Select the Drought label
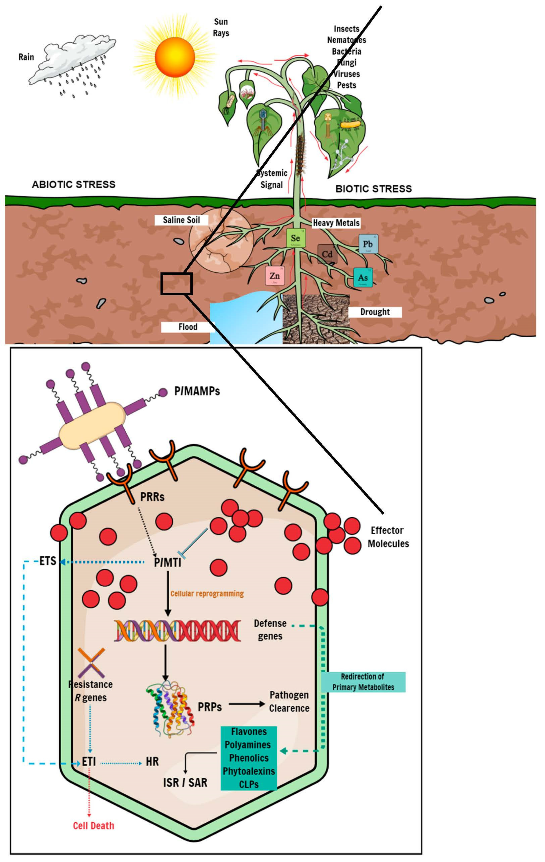tap(375, 312)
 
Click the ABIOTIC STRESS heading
tap(74, 184)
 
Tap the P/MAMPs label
tap(197, 391)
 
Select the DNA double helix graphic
tap(177, 630)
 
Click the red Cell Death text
tap(93, 826)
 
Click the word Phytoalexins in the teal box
tap(249, 771)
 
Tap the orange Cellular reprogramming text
tap(207, 594)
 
